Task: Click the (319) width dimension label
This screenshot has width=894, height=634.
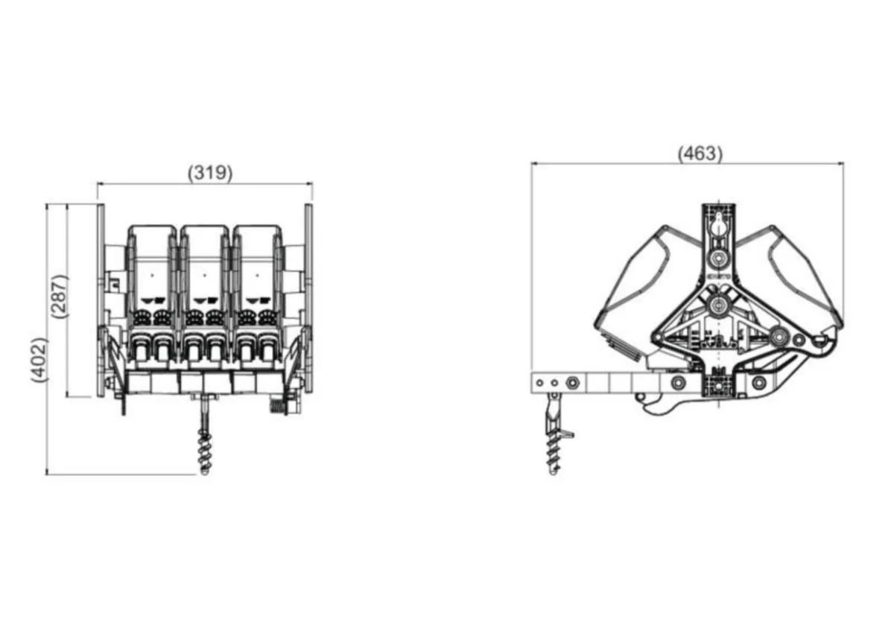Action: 210,173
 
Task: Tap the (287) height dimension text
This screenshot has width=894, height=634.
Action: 60,296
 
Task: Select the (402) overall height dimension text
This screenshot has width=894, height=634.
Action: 39,360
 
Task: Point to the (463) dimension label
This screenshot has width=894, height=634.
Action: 700,153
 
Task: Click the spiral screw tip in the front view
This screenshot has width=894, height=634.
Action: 204,472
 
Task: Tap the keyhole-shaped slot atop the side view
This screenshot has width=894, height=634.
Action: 719,226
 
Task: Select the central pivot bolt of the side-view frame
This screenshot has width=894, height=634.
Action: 719,305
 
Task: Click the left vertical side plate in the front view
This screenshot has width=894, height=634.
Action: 101,300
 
